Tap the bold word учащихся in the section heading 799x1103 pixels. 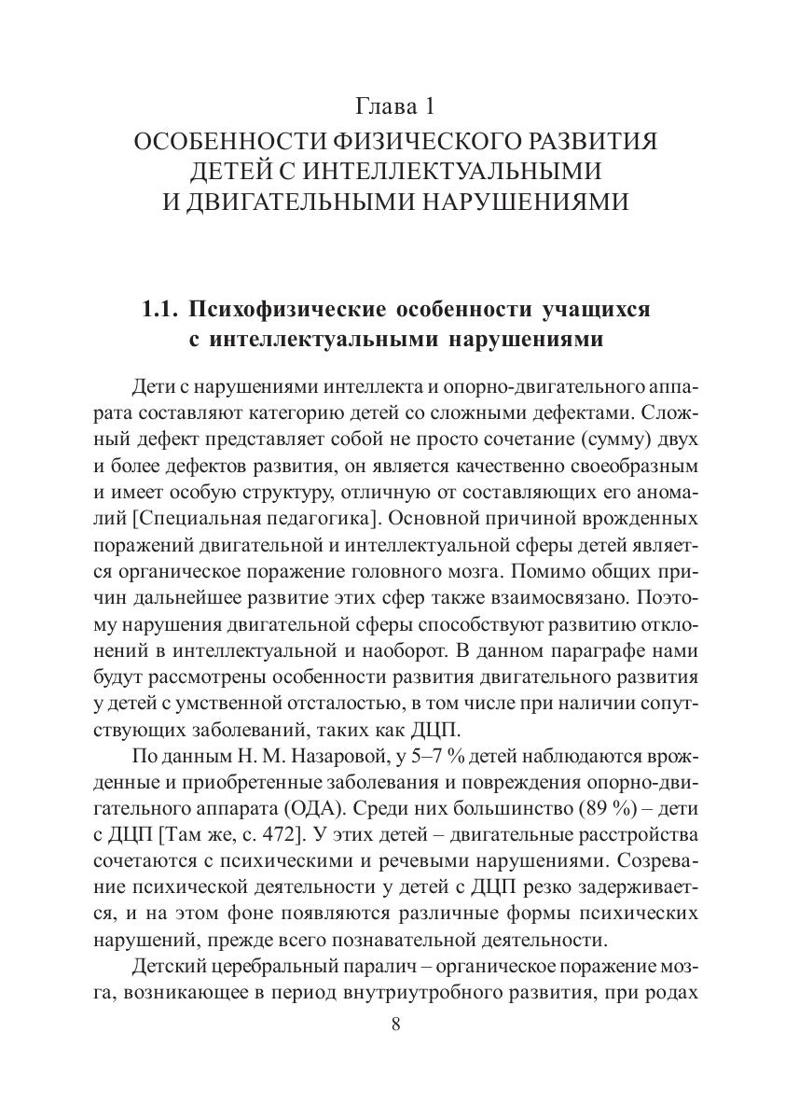coord(593,309)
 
